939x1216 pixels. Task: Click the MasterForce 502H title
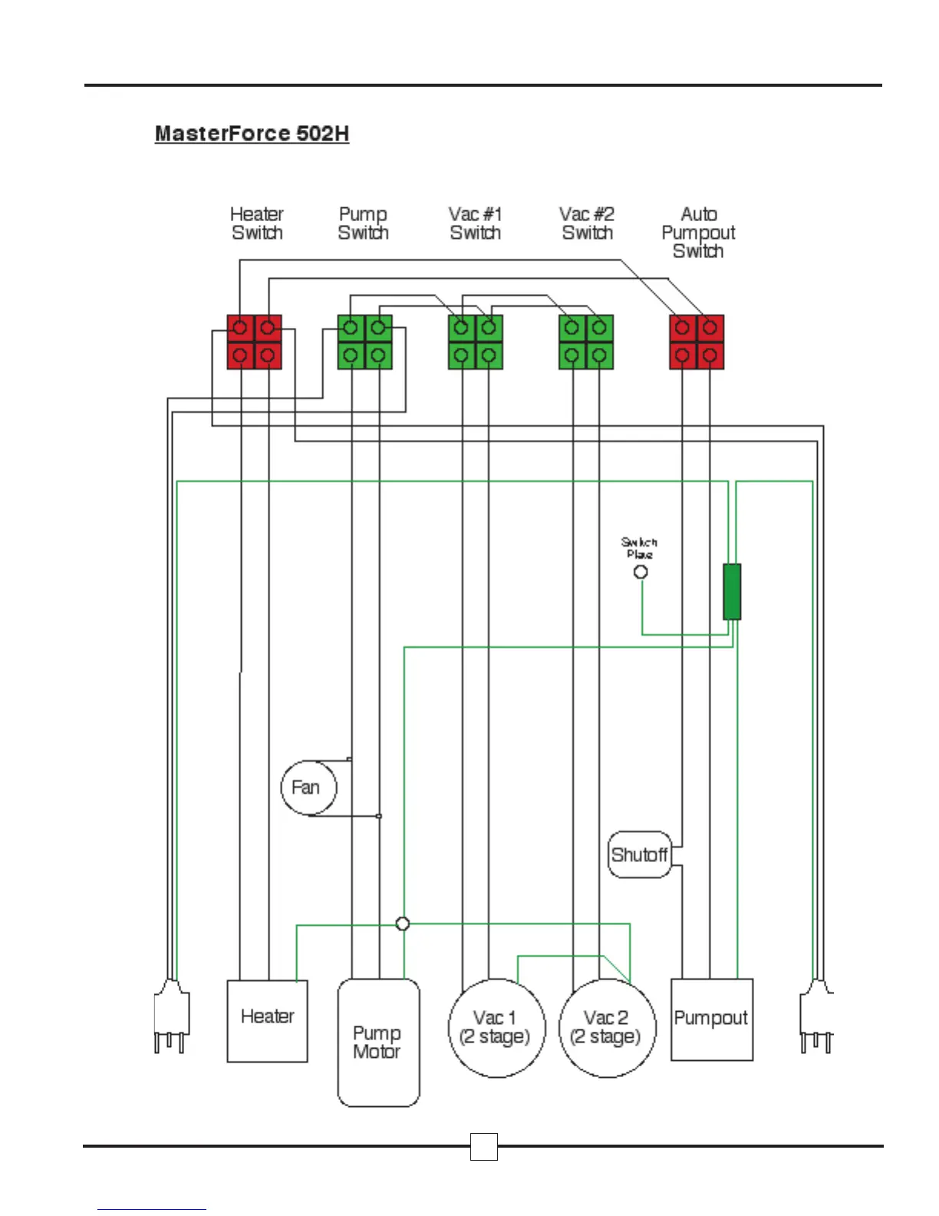[252, 134]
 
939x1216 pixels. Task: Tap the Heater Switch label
[257, 223]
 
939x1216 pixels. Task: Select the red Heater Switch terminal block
[254, 342]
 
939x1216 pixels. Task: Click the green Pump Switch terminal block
[364, 342]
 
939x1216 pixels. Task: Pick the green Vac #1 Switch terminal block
[475, 342]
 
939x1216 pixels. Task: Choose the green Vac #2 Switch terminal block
[586, 342]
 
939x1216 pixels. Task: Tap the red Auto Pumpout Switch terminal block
[697, 342]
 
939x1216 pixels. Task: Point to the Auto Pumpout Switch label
[698, 233]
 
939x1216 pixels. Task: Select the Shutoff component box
[640, 854]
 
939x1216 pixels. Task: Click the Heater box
[267, 1020]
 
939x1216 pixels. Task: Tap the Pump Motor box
[378, 1043]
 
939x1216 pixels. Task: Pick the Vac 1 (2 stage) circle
[496, 1028]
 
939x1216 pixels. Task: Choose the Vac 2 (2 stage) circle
[608, 1028]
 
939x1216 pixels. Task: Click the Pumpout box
[711, 1019]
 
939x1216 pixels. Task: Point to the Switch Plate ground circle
[641, 571]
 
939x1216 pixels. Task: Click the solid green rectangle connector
[732, 592]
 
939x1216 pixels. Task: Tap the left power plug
[171, 1017]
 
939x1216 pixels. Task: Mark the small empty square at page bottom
[483, 1146]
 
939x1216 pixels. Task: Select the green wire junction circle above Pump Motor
[403, 924]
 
